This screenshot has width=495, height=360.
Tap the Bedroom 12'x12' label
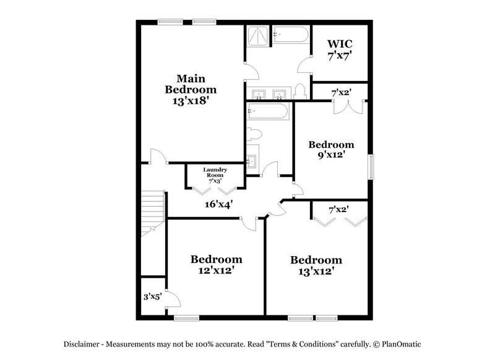[x=216, y=264]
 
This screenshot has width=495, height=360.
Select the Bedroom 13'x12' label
[x=316, y=265]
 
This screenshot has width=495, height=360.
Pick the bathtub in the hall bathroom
[x=267, y=111]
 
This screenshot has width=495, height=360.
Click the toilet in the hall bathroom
[x=254, y=134]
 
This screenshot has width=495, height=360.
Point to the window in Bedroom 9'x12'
[x=371, y=166]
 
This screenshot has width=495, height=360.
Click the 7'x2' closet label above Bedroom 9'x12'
[x=341, y=93]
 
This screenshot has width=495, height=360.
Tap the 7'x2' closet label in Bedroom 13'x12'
[x=338, y=210]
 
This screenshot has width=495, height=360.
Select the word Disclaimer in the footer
[x=84, y=344]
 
